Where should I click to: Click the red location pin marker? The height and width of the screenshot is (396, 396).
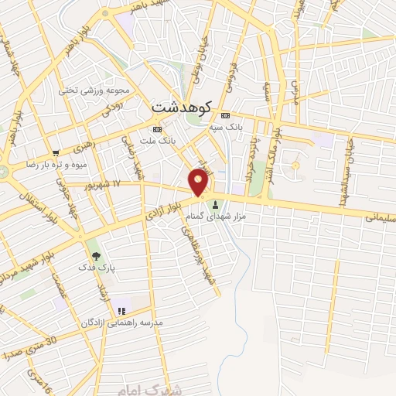(x=199, y=183)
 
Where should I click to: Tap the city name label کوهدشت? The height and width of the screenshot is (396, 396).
(x=183, y=106)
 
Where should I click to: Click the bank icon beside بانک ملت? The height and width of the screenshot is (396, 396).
(x=158, y=129)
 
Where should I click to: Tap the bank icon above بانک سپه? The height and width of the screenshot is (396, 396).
(x=225, y=114)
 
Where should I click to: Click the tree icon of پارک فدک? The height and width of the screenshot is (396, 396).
(x=95, y=254)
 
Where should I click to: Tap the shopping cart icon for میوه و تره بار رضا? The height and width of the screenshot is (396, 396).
(x=55, y=152)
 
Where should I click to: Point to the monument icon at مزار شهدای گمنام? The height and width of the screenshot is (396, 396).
(x=216, y=204)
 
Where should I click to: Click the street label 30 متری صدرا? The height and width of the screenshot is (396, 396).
(x=35, y=351)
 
